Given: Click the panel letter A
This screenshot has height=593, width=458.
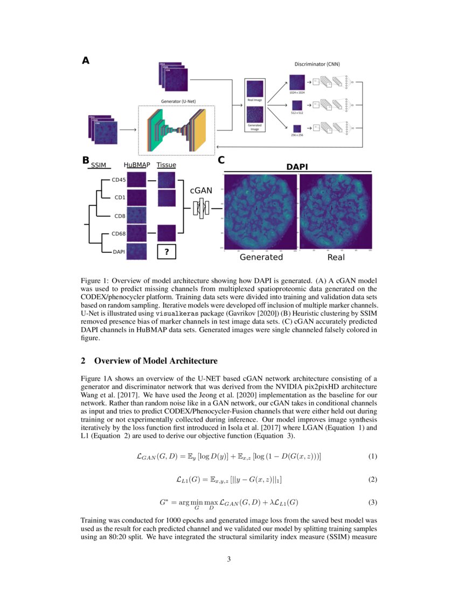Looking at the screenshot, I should click(x=85, y=61).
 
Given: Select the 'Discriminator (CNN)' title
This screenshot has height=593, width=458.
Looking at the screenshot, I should click(x=317, y=64).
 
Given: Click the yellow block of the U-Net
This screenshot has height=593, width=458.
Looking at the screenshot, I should click(x=199, y=130).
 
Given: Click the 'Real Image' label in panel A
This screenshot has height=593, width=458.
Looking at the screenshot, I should click(x=254, y=100).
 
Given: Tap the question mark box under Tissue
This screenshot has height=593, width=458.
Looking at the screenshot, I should click(x=166, y=251).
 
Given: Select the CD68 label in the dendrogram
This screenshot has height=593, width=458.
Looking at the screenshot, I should click(x=118, y=233).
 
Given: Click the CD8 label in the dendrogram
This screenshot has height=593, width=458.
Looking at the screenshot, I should click(x=120, y=216).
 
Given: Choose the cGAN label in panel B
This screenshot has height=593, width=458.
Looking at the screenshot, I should click(x=200, y=190).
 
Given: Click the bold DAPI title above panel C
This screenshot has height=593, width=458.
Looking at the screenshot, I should click(x=296, y=167).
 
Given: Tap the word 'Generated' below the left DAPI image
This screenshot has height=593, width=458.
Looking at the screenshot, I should click(x=261, y=257).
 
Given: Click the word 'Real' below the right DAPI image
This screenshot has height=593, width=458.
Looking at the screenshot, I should click(x=336, y=257).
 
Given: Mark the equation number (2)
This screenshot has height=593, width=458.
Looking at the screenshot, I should click(x=372, y=479).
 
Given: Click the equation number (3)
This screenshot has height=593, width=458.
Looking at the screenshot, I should click(x=372, y=502).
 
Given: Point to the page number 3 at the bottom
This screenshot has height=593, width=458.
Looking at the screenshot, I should click(x=229, y=559).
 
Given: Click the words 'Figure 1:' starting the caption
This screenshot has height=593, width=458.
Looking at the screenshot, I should click(x=94, y=281).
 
